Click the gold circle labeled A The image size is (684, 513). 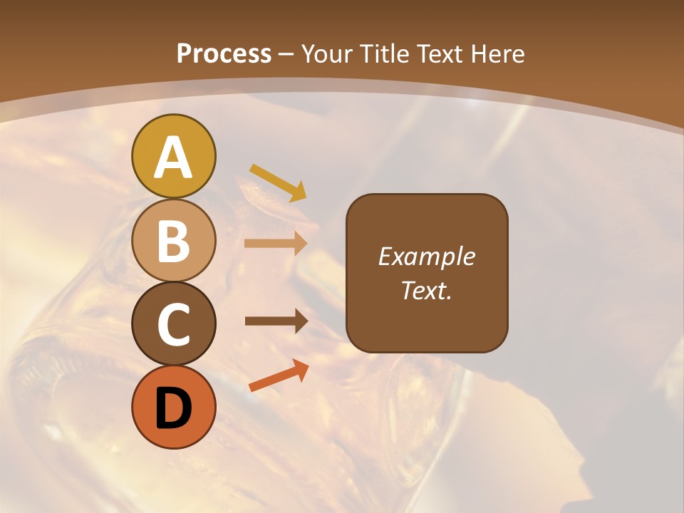[x=173, y=156]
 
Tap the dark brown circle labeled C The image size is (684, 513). [x=173, y=323]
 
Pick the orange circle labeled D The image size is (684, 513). [x=173, y=407]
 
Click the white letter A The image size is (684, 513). [x=173, y=157]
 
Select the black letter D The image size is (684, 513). [x=173, y=408]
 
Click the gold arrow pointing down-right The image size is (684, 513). [x=278, y=182]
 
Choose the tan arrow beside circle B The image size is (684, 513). [x=275, y=243]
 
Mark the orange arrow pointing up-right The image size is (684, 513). [x=279, y=375]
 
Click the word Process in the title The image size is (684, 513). [x=224, y=53]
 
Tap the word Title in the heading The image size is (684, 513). [x=384, y=53]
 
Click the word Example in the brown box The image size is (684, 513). [x=426, y=256]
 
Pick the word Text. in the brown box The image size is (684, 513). [x=426, y=290]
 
